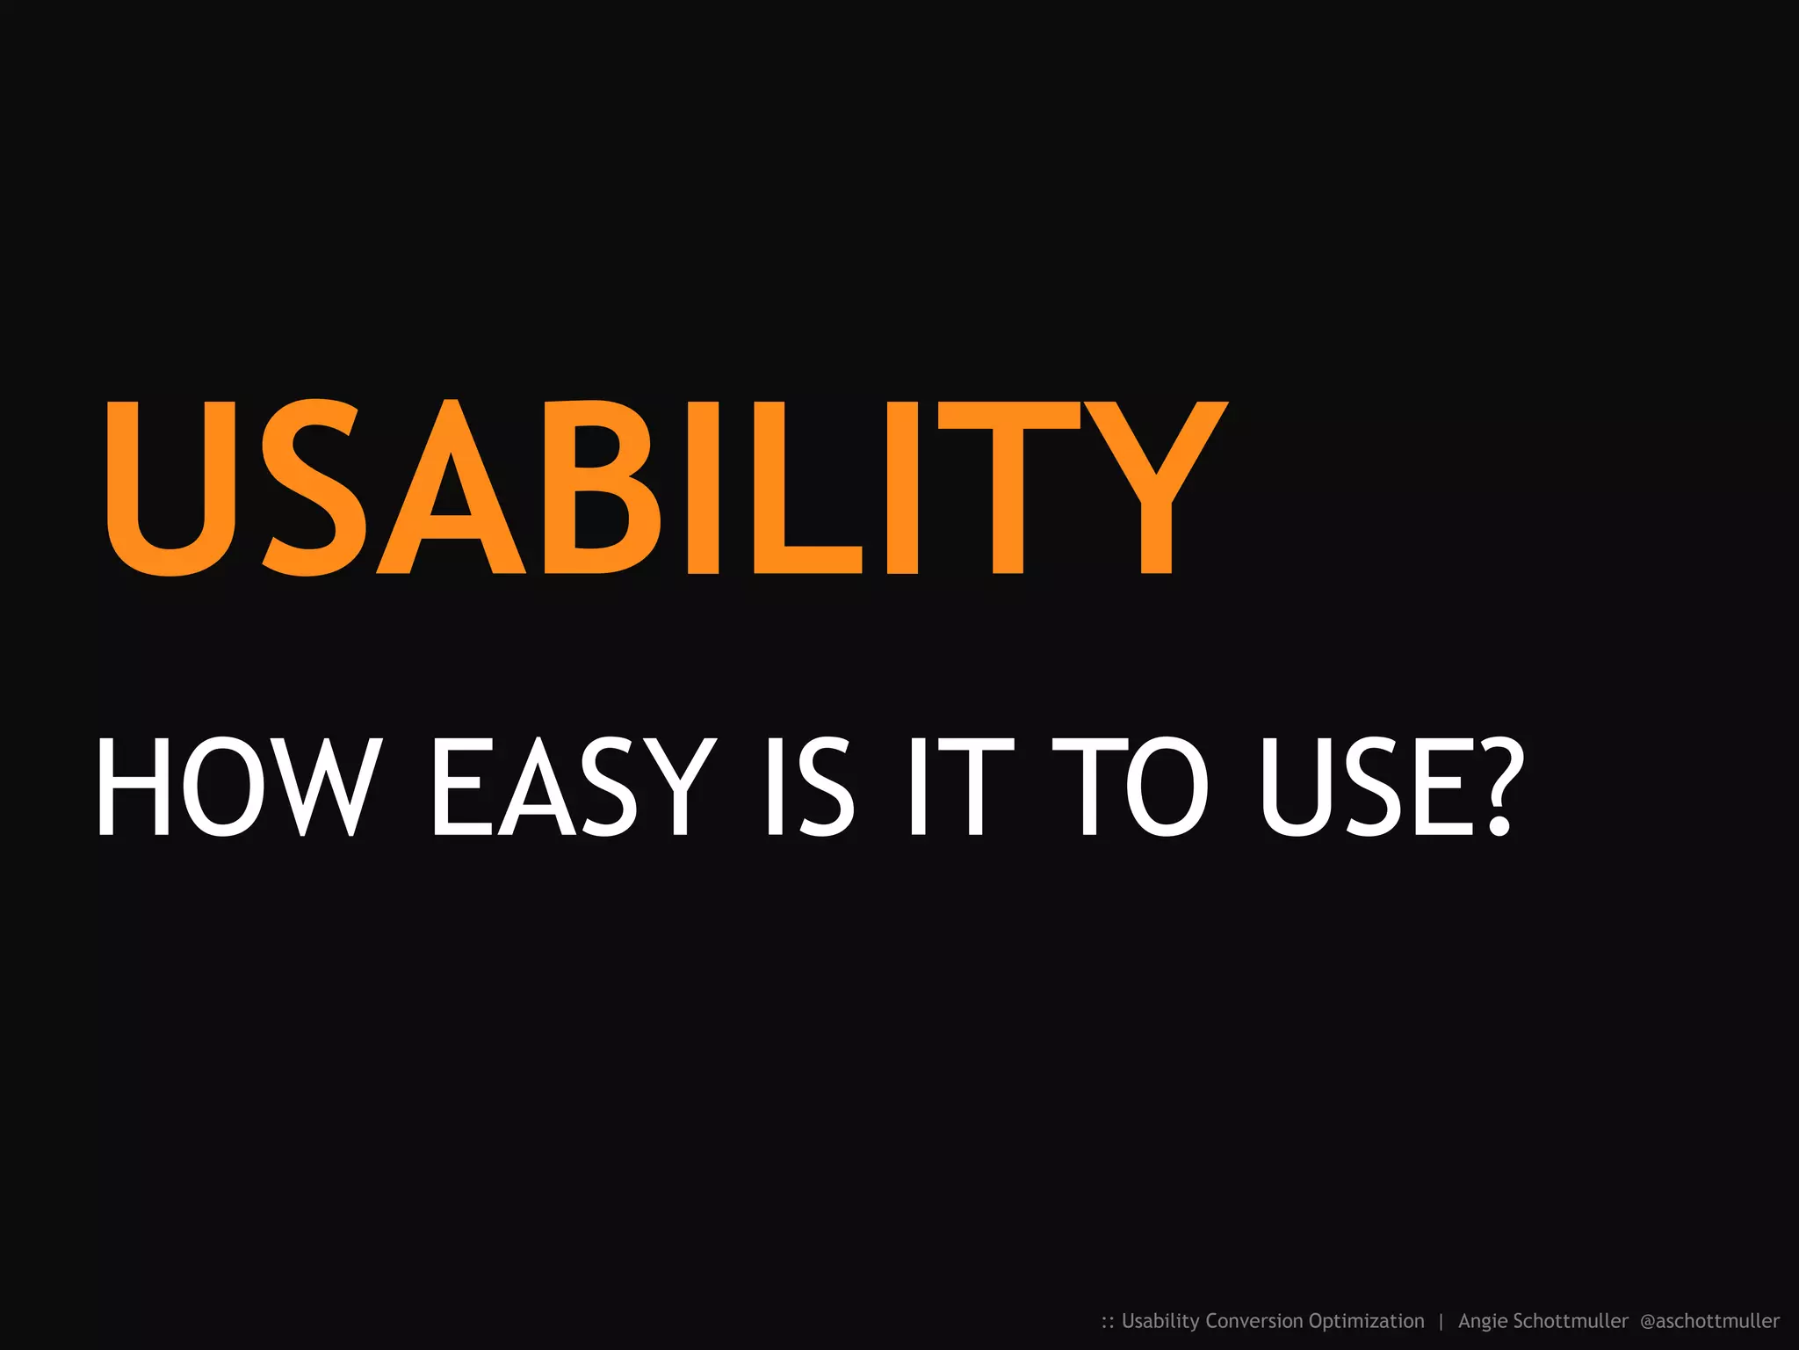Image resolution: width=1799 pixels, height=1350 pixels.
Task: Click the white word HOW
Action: coord(239,787)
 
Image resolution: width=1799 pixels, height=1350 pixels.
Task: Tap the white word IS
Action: coord(810,787)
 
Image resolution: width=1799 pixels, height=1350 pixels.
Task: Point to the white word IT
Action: coord(962,787)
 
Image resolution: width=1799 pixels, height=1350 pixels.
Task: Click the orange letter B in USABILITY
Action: coord(602,487)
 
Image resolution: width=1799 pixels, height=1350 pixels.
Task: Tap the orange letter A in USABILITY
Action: coord(452,487)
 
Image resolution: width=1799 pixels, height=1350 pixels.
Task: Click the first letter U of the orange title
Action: coord(171,487)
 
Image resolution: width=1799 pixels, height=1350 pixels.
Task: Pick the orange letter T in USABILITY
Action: coord(1008,487)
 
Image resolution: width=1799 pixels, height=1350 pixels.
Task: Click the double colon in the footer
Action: coord(1108,1322)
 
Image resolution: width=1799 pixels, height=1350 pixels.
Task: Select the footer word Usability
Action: coord(1160,1321)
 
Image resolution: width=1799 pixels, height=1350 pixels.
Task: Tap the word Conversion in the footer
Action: coord(1254,1321)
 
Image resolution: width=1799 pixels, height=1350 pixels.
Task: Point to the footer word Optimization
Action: coord(1366,1321)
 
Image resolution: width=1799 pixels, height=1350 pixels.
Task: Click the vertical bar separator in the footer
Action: coord(1441,1321)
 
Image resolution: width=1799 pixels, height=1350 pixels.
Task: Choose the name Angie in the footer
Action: coord(1483,1321)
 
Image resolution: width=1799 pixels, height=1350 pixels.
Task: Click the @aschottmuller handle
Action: coord(1709,1321)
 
